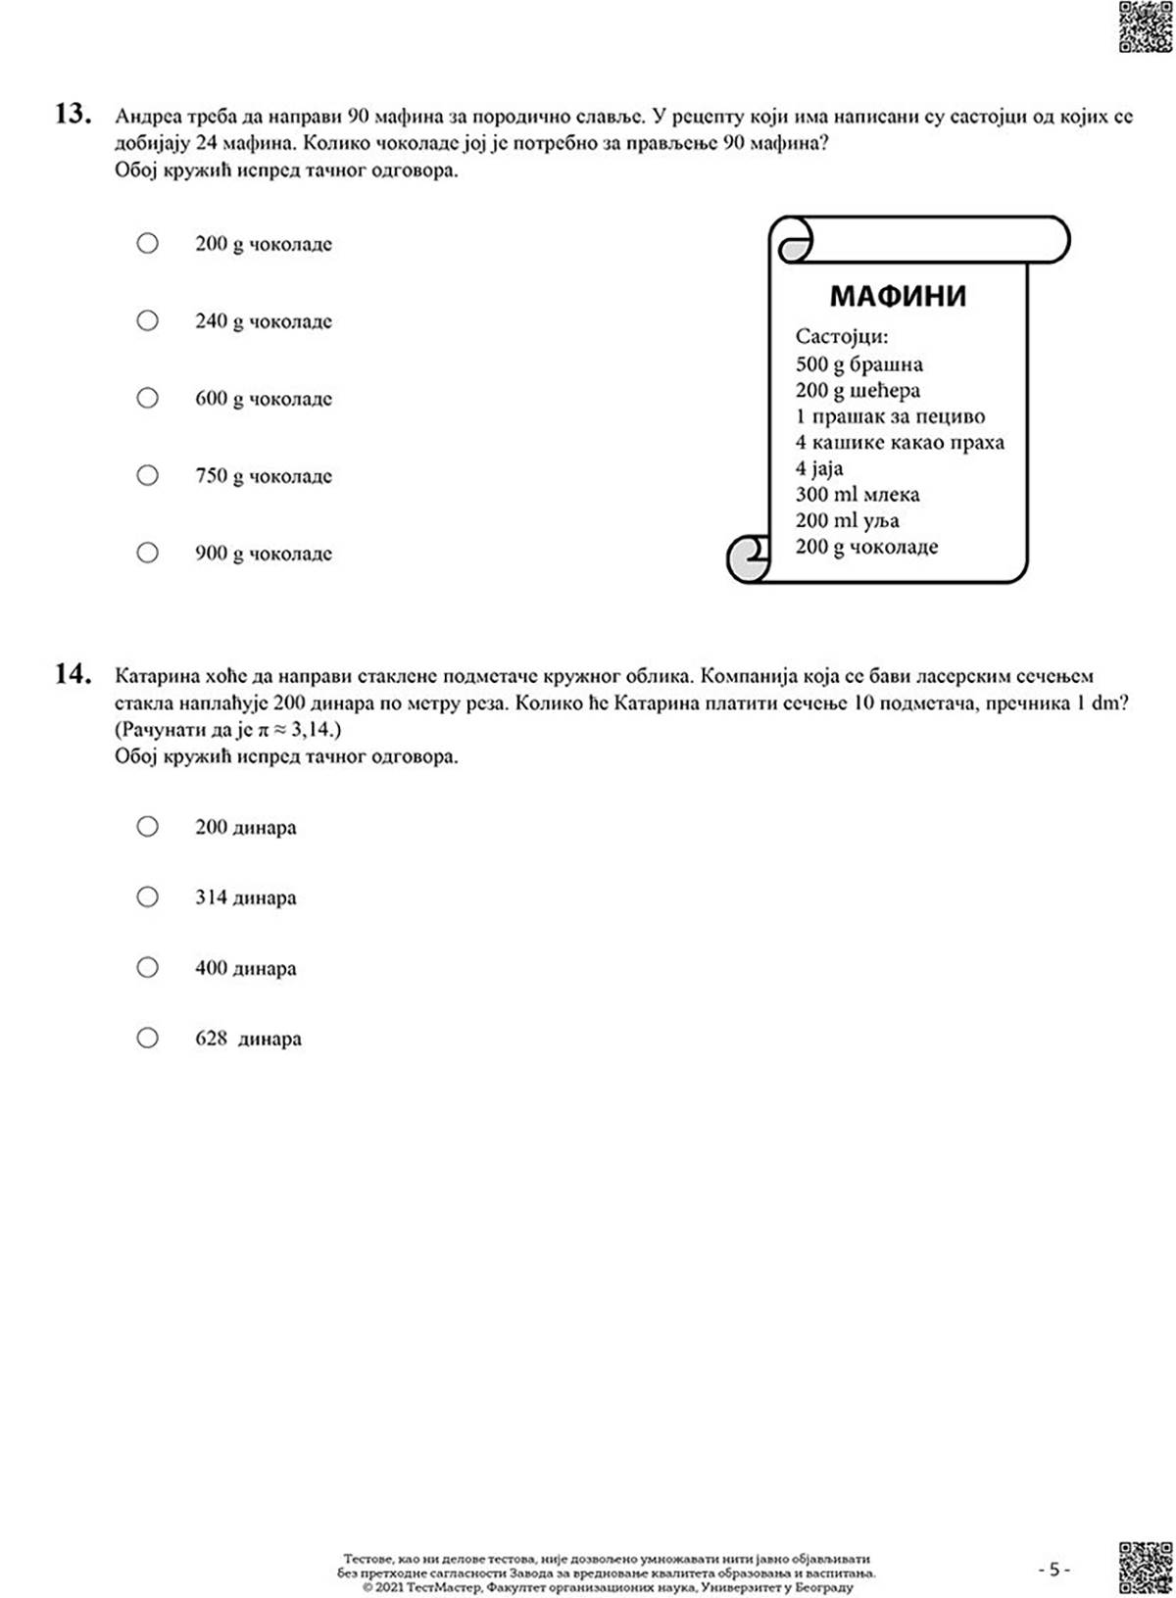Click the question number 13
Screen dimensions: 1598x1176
pos(73,115)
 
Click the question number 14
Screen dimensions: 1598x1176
pos(73,674)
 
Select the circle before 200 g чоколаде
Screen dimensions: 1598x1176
pos(148,243)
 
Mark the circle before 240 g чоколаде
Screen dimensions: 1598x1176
pos(148,320)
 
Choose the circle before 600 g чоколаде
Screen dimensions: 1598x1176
pos(148,398)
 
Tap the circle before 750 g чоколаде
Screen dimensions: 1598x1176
pos(148,475)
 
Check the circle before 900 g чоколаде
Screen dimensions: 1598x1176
pos(148,553)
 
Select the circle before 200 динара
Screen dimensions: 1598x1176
pos(148,827)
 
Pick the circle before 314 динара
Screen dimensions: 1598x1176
pos(148,897)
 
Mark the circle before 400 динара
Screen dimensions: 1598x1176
pos(148,968)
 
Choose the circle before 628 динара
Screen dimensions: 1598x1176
pos(148,1038)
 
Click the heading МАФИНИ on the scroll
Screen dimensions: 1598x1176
pos(898,296)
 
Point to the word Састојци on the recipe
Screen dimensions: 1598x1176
pos(842,337)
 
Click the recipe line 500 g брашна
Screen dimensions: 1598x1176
pos(858,364)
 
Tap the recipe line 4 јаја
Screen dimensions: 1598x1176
pos(819,468)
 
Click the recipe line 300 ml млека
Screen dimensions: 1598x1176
pos(857,495)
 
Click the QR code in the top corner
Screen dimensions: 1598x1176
pos(1145,26)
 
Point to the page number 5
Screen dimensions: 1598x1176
pos(1053,1570)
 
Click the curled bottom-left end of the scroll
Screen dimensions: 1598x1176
pos(749,559)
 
